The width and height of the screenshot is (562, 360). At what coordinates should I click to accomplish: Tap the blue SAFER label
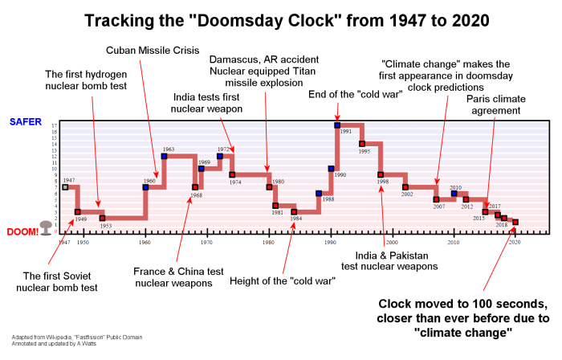26,121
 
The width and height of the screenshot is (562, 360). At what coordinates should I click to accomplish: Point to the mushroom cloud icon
47,228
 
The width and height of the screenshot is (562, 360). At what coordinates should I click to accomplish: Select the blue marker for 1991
337,125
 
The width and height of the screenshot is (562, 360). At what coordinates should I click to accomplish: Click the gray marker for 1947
66,187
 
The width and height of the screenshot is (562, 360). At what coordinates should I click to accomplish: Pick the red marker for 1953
102,218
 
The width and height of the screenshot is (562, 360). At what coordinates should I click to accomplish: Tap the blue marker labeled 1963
164,156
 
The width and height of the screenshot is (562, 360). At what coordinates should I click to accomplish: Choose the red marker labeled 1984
294,211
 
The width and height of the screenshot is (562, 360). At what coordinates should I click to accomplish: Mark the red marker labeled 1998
381,174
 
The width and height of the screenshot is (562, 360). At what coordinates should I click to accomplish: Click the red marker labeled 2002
405,187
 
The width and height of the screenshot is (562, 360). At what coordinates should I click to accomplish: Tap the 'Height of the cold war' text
282,280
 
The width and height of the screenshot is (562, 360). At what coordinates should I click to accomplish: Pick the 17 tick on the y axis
53,126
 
